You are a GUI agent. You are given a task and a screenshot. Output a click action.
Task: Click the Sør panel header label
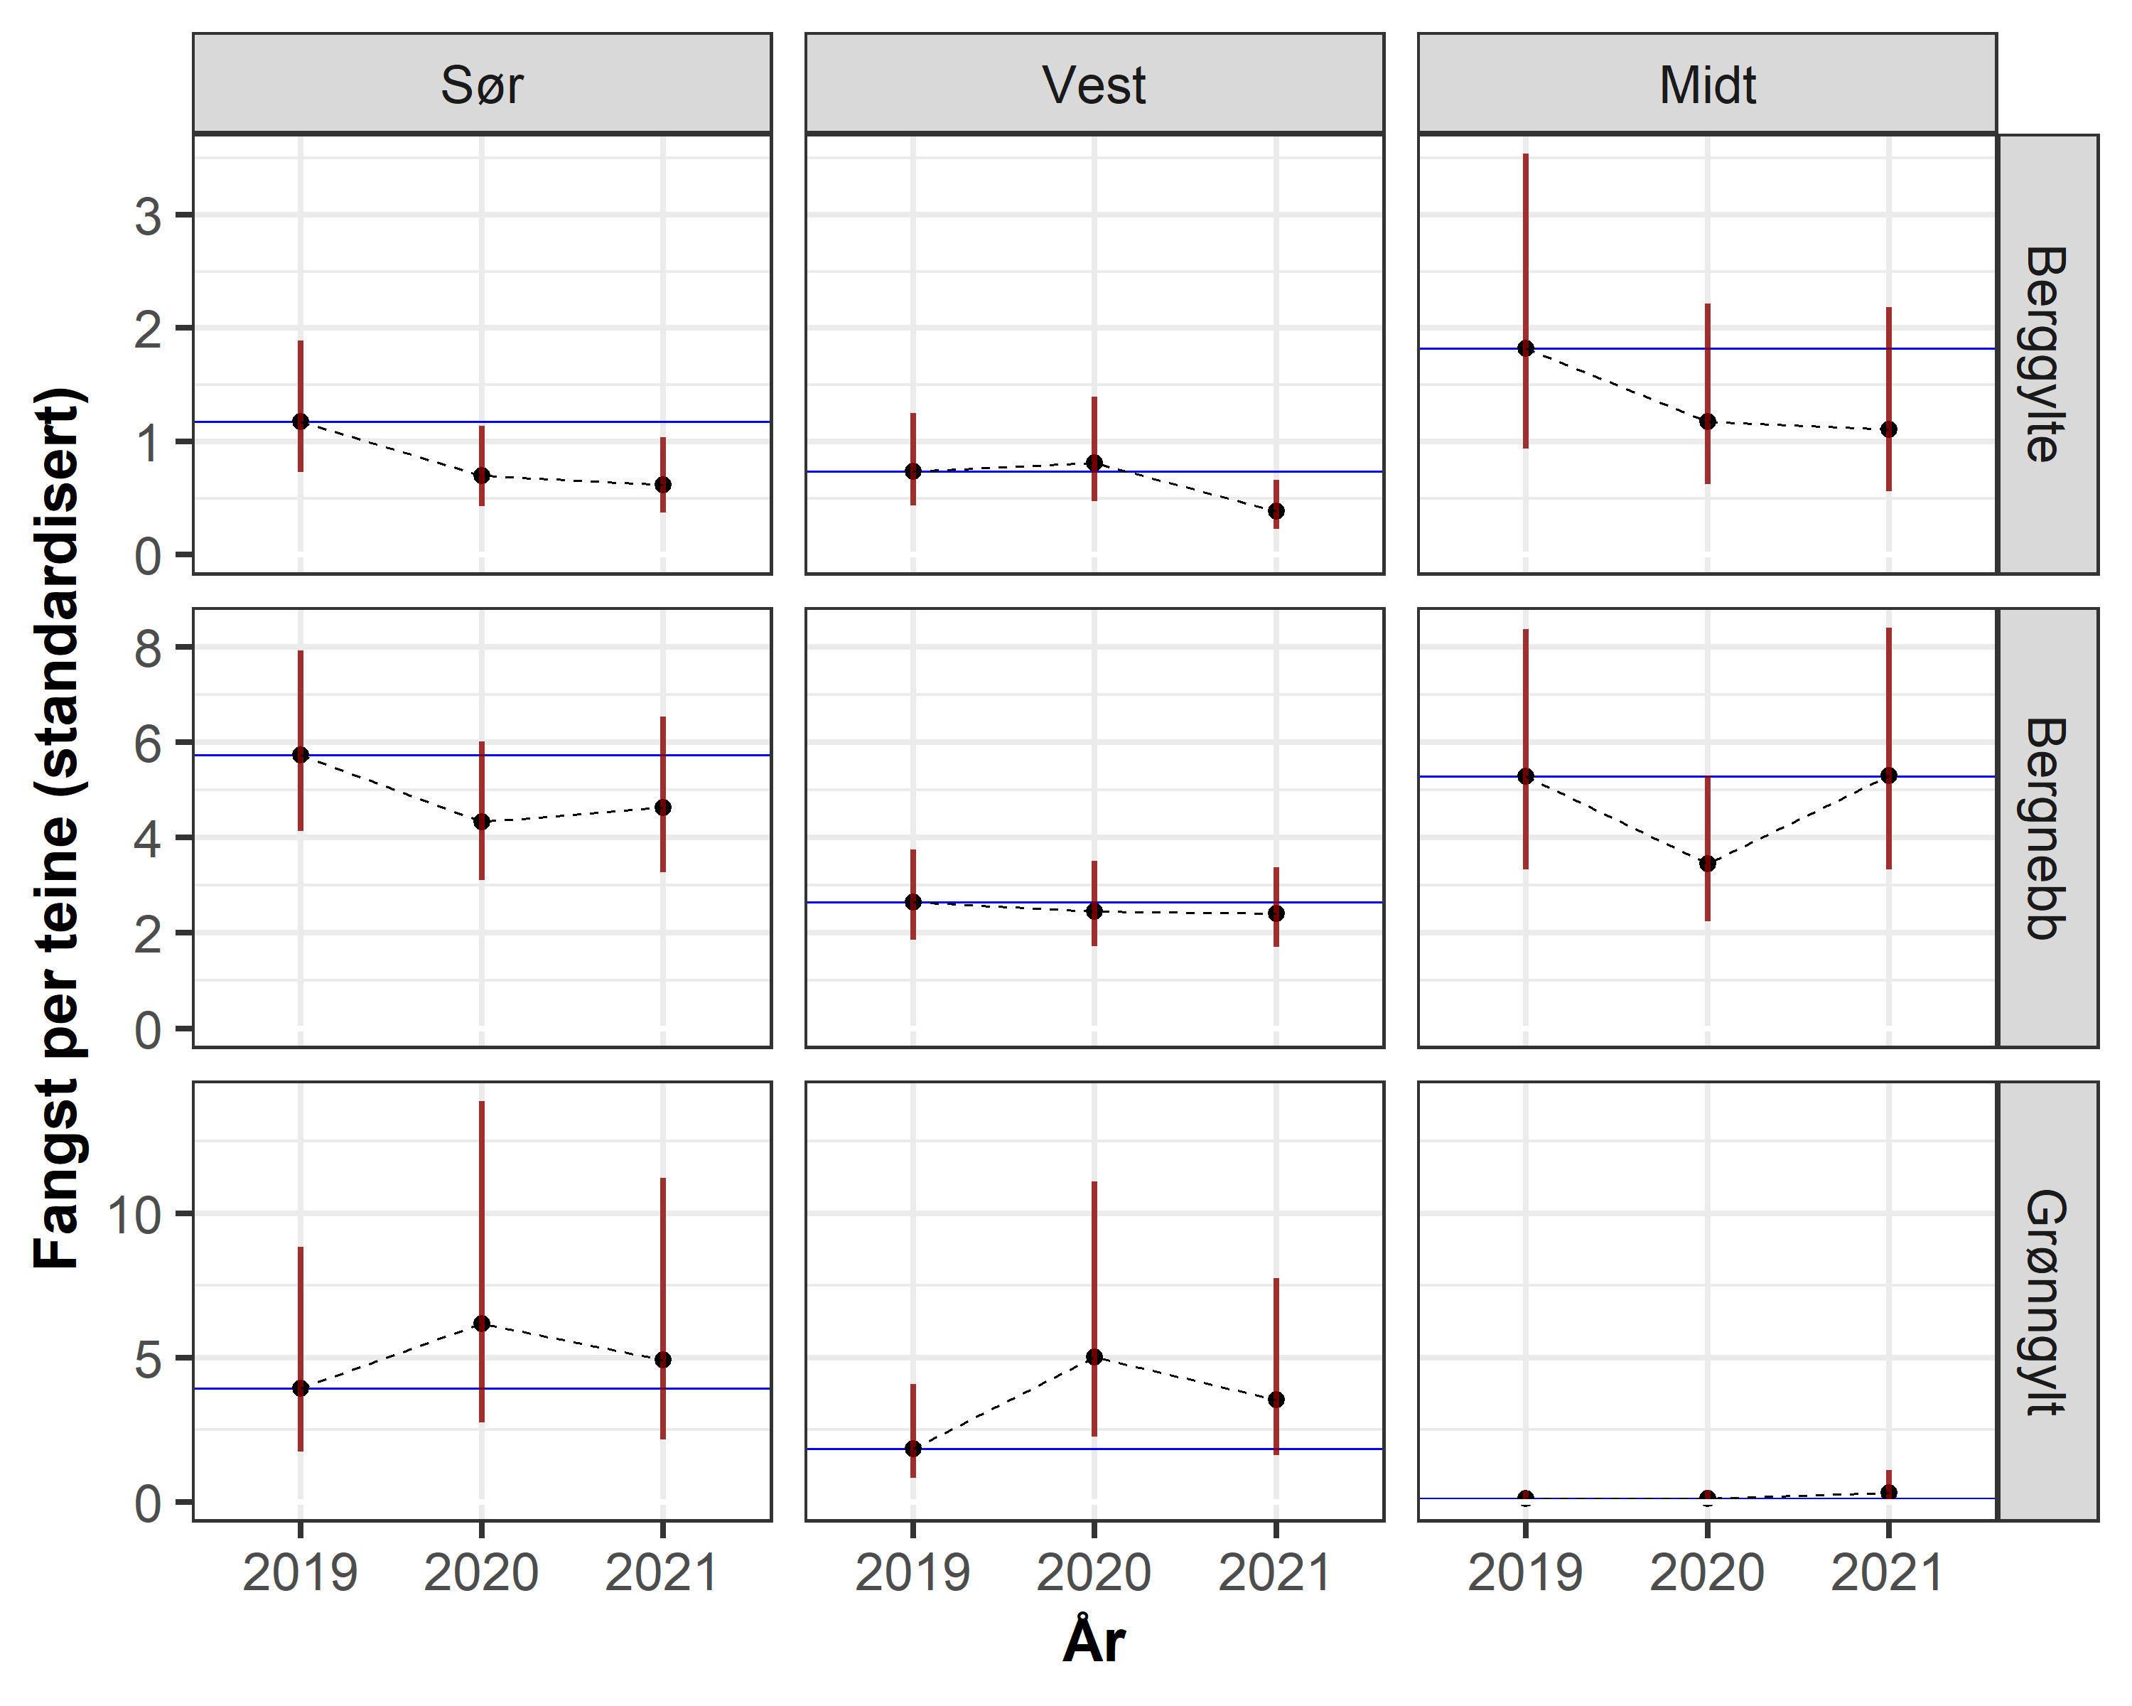pos(482,85)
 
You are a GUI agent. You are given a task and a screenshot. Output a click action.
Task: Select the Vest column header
pos(1094,85)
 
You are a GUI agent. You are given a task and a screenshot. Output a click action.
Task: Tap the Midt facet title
pos(1707,85)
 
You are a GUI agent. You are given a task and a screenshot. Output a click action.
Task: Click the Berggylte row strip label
pos(2046,354)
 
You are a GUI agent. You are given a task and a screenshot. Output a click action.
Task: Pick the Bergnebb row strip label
pos(2046,828)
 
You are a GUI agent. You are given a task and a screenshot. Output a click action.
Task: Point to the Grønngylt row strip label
pos(2046,1302)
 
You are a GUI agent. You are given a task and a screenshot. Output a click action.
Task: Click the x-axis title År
pos(1094,1642)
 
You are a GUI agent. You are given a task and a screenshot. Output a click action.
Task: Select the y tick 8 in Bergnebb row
pos(149,649)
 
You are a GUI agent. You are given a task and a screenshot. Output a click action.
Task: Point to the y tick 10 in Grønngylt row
pos(134,1215)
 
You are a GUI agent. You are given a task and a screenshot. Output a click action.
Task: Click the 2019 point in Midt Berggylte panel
pos(1526,348)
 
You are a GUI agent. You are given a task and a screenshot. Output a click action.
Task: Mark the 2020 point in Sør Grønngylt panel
pos(482,1324)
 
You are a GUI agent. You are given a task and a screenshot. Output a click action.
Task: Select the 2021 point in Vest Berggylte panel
pos(1276,511)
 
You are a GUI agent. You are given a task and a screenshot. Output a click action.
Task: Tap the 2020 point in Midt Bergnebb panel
pos(1707,864)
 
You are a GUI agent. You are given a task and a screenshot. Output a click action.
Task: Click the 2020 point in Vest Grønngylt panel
pos(1094,1357)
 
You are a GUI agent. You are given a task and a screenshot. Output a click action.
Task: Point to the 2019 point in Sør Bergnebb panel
pos(301,755)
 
